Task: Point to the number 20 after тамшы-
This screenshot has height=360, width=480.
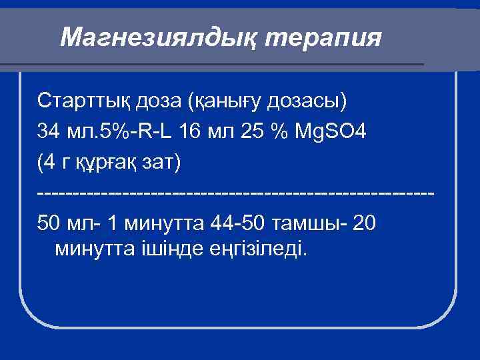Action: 366,221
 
